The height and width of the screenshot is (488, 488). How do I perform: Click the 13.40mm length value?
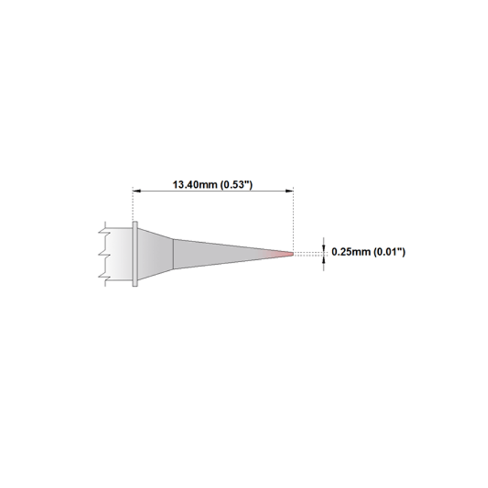[x=195, y=185]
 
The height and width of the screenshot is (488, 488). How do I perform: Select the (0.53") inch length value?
[x=237, y=185]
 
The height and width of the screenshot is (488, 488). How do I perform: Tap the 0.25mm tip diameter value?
[x=351, y=252]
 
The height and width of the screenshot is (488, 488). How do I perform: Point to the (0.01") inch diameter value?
[x=389, y=252]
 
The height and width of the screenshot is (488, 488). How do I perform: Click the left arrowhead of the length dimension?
[x=137, y=191]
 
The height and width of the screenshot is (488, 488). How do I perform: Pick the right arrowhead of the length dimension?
[x=289, y=191]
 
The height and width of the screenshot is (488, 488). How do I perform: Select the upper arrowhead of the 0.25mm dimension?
[x=324, y=248]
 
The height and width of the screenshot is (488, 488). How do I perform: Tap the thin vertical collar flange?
[x=135, y=254]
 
